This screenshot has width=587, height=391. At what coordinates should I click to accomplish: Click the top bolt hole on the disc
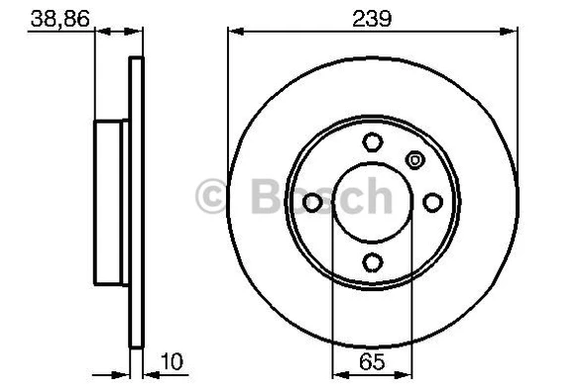(372, 142)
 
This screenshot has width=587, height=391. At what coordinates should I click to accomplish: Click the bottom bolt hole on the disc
(372, 261)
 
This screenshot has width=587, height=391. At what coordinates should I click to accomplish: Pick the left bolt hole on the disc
(312, 202)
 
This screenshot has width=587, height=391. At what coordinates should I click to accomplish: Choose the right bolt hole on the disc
(432, 202)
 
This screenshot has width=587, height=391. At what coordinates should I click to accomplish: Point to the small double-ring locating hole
(415, 158)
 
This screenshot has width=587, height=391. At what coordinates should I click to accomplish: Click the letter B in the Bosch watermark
(254, 195)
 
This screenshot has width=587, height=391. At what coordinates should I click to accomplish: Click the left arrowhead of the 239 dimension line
(235, 30)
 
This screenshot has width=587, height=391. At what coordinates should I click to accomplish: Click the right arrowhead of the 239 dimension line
(511, 30)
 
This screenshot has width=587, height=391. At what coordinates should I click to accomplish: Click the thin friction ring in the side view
(137, 202)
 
